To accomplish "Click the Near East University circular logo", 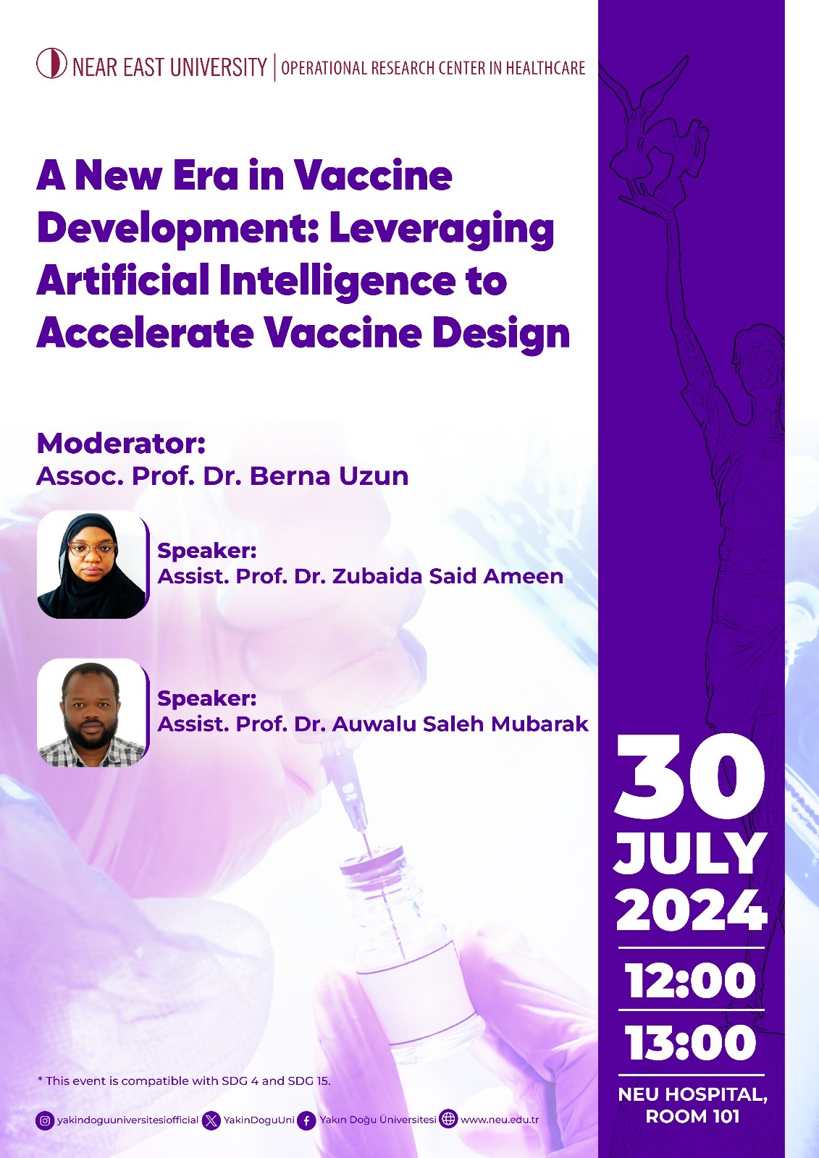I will (51, 64).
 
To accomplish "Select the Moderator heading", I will (121, 443).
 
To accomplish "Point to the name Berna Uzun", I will (329, 476).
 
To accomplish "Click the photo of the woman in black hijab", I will (92, 565).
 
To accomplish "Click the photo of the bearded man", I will (92, 713).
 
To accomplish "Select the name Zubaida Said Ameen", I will (448, 576).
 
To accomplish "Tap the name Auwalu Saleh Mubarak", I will (460, 724).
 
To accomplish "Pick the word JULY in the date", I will (690, 854).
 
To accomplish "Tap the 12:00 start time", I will (691, 981).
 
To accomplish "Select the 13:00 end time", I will (691, 1043).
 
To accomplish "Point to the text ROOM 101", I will (692, 1117).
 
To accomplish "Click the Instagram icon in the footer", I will (45, 1120).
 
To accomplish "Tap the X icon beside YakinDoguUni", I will (211, 1120).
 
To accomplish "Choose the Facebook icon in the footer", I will (307, 1120).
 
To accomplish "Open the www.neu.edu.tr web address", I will (500, 1120).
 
